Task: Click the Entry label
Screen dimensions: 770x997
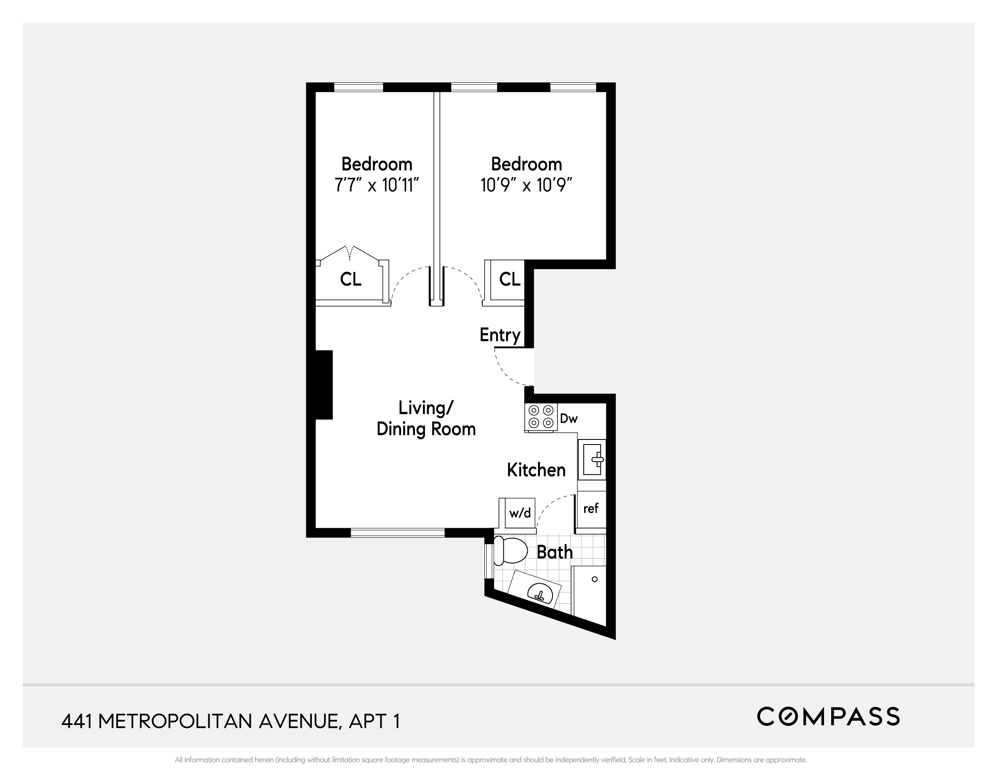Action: [500, 335]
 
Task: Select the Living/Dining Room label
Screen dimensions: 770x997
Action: [426, 418]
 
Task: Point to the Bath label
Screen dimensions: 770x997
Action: [554, 553]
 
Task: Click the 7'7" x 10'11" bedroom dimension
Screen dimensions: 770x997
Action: [377, 185]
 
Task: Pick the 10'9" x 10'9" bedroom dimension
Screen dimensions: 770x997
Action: [526, 185]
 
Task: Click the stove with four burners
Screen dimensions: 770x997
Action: [540, 417]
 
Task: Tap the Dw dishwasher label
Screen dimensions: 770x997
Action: [569, 418]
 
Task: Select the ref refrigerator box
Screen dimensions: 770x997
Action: [591, 508]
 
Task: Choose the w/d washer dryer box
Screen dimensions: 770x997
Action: [520, 513]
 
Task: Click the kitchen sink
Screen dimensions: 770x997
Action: [592, 459]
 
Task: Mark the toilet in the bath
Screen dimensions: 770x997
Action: [511, 550]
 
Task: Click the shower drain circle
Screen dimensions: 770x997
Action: [594, 579]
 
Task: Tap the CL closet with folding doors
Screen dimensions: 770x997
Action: [351, 279]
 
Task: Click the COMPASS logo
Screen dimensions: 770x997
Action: [828, 717]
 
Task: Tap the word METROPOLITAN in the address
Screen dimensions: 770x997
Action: [175, 722]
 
